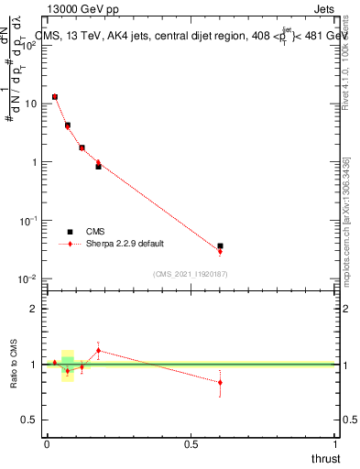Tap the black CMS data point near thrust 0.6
tap(220, 246)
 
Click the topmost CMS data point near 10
tap(55, 96)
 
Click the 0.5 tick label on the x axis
tap(191, 443)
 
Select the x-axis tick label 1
tap(336, 443)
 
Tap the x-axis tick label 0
tap(47, 443)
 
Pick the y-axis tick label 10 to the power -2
tap(29, 279)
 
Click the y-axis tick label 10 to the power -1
tap(29, 221)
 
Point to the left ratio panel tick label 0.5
tap(30, 420)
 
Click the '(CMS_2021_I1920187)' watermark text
tap(191, 273)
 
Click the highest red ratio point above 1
tap(98, 350)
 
